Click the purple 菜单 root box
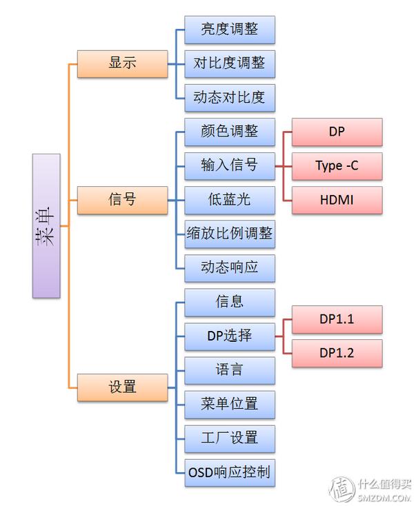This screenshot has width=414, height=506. tap(46, 225)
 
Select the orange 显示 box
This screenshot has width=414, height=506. tap(122, 63)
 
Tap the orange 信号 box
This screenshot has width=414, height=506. tap(122, 200)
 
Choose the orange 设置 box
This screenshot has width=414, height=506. tap(122, 387)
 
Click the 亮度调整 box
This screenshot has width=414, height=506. tap(229, 30)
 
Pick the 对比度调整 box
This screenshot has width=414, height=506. tap(229, 63)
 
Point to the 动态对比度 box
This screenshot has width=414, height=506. tap(229, 97)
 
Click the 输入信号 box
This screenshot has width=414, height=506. tap(229, 165)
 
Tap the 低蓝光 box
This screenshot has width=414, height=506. tap(229, 200)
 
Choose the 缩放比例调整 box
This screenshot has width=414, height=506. tap(229, 234)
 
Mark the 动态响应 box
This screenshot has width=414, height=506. tap(229, 267)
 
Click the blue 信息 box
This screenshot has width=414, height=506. tap(229, 302)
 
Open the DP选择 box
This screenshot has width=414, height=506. tap(229, 336)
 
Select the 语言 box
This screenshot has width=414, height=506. tap(229, 370)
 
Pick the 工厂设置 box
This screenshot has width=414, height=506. tap(229, 438)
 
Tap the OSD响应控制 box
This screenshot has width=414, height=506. tap(229, 473)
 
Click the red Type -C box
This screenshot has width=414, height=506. tap(337, 165)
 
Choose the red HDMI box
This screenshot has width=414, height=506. tap(337, 200)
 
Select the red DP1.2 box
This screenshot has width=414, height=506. tap(337, 353)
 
